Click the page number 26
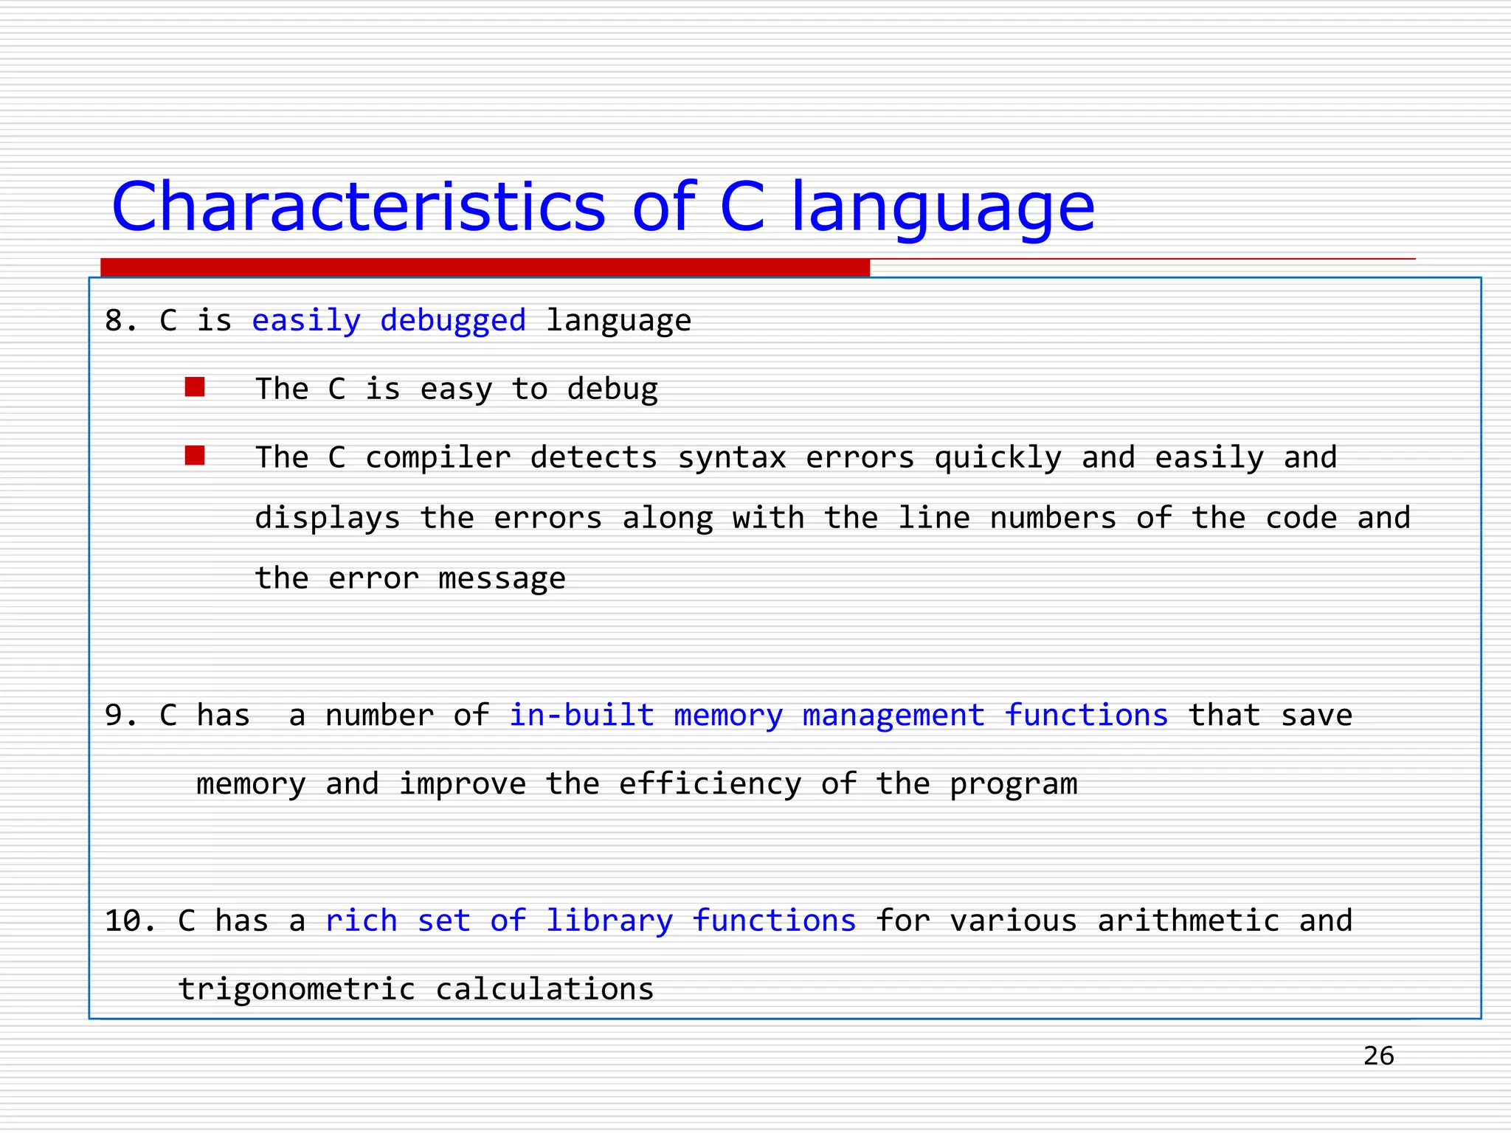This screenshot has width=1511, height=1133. (x=1378, y=1056)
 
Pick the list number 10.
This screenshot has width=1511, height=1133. (x=130, y=921)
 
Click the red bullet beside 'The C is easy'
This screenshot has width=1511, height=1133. (x=195, y=387)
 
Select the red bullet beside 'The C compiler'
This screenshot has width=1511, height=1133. (x=195, y=456)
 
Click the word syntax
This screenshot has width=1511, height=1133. (x=731, y=458)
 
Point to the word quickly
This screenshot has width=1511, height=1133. (x=997, y=458)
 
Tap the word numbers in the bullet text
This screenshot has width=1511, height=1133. (x=1053, y=519)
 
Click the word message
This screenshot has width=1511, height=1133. (x=502, y=579)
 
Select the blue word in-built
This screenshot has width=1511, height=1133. (x=581, y=716)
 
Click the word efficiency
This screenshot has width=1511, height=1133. (x=709, y=784)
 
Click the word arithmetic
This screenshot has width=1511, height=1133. (x=1188, y=921)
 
